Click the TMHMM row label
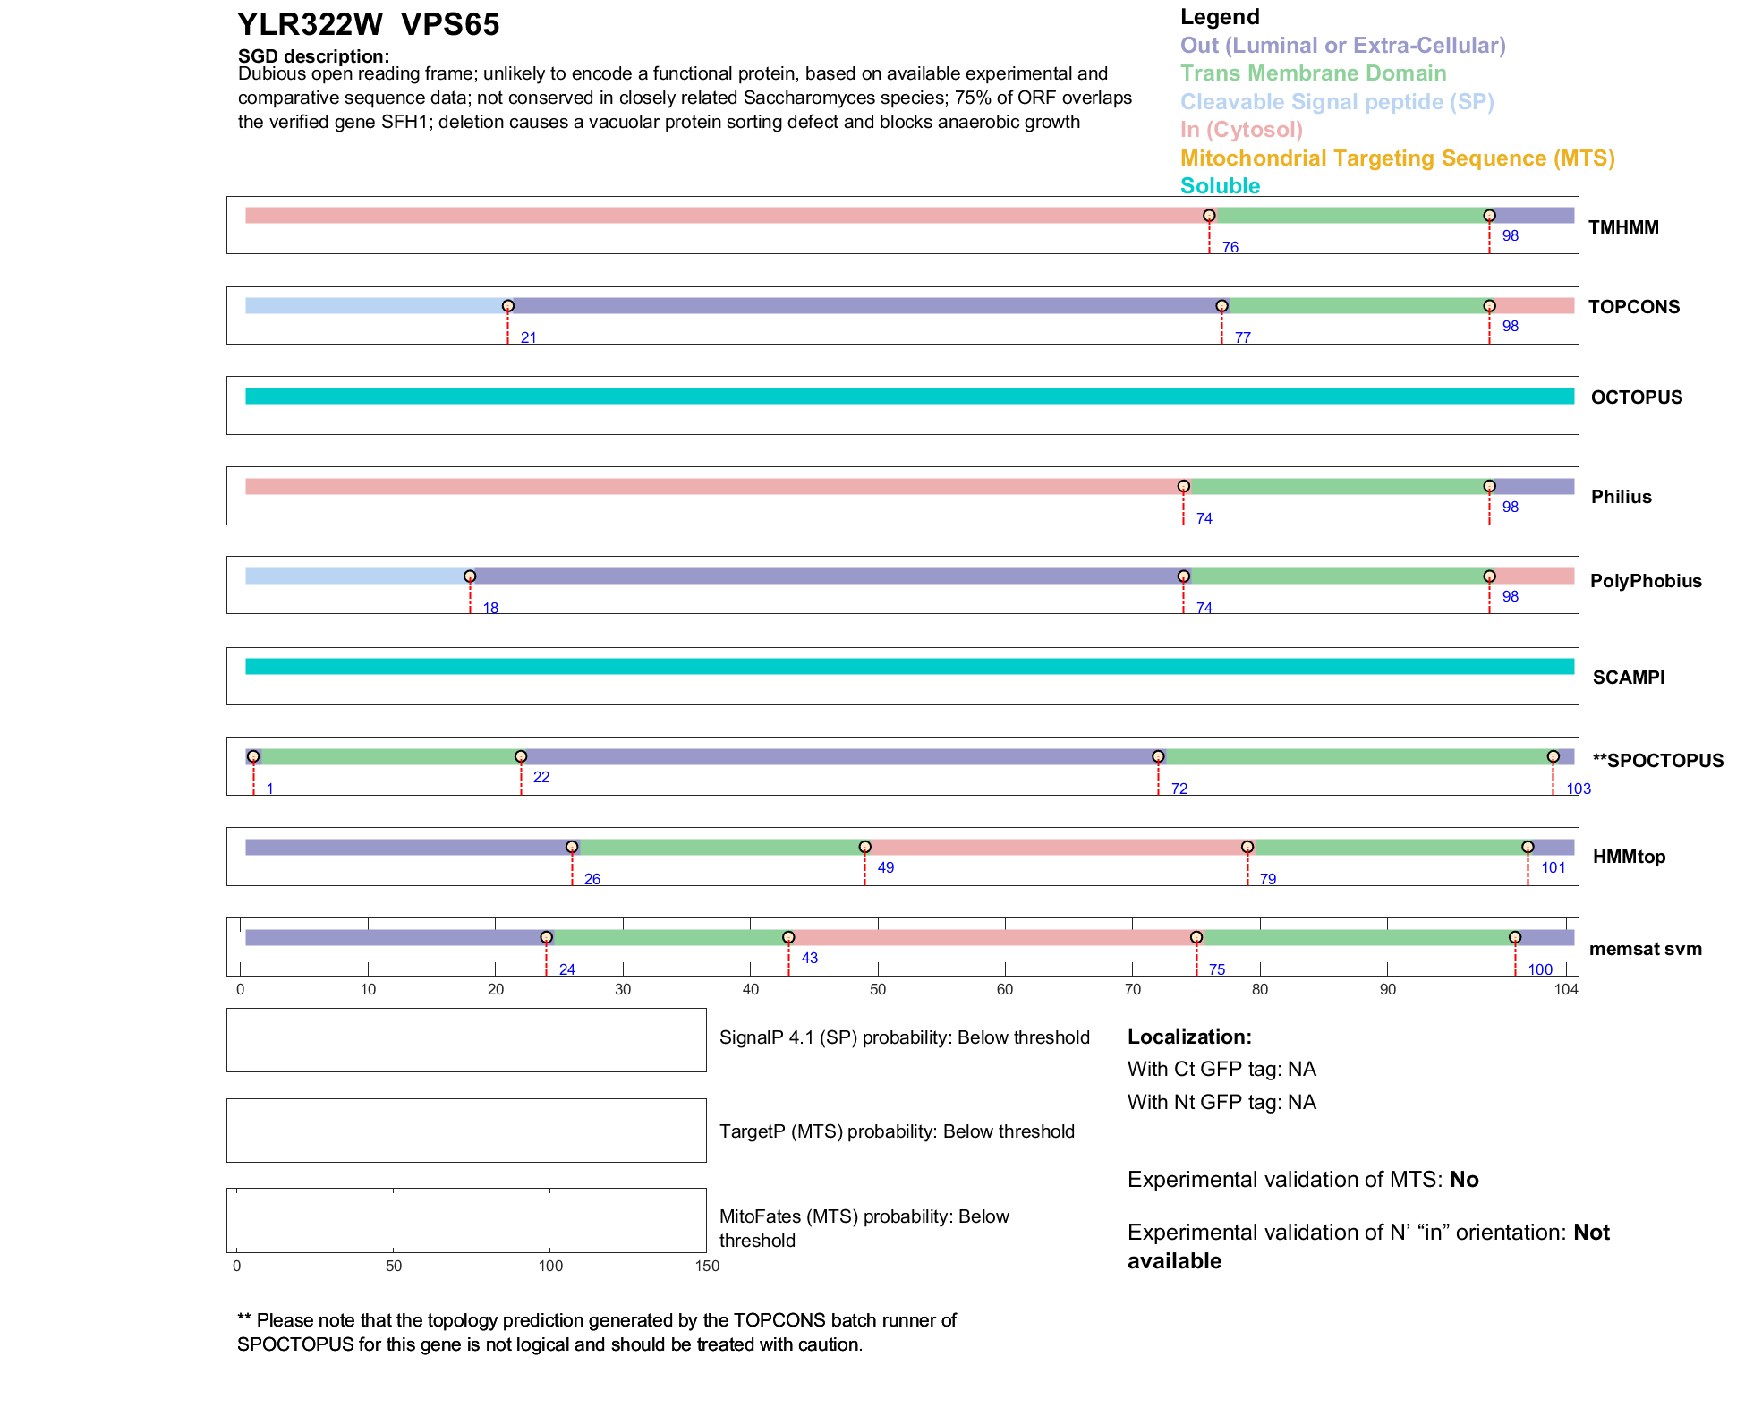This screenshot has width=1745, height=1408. pos(1623,227)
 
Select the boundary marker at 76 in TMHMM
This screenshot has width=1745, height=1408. pos(1209,216)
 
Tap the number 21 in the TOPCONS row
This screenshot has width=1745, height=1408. pos(528,337)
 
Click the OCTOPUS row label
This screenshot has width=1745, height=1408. pos(1636,397)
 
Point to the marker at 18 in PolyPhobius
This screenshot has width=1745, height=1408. pos(470,576)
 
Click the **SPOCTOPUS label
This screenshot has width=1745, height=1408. pos(1657,761)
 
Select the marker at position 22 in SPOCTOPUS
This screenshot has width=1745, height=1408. pos(521,756)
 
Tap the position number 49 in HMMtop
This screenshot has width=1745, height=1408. pos(885,867)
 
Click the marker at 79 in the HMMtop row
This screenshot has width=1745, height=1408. pos(1247,847)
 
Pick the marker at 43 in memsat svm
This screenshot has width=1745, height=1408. pos(788,937)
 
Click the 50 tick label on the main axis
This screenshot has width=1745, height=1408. pos(878,989)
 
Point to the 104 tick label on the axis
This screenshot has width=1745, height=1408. pos(1566,989)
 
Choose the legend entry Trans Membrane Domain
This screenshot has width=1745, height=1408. pos(1313,73)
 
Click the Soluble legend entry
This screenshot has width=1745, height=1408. pos(1220,186)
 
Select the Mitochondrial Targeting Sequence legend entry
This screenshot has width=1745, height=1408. pos(1397,158)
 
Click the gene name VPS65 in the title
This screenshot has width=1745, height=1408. pos(450,25)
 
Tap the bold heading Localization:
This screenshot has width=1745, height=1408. pos(1188,1037)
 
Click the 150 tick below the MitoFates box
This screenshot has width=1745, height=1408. pos(707,1266)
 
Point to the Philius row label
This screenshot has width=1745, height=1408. pos(1621,497)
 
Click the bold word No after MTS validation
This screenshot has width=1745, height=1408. pos(1464,1180)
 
